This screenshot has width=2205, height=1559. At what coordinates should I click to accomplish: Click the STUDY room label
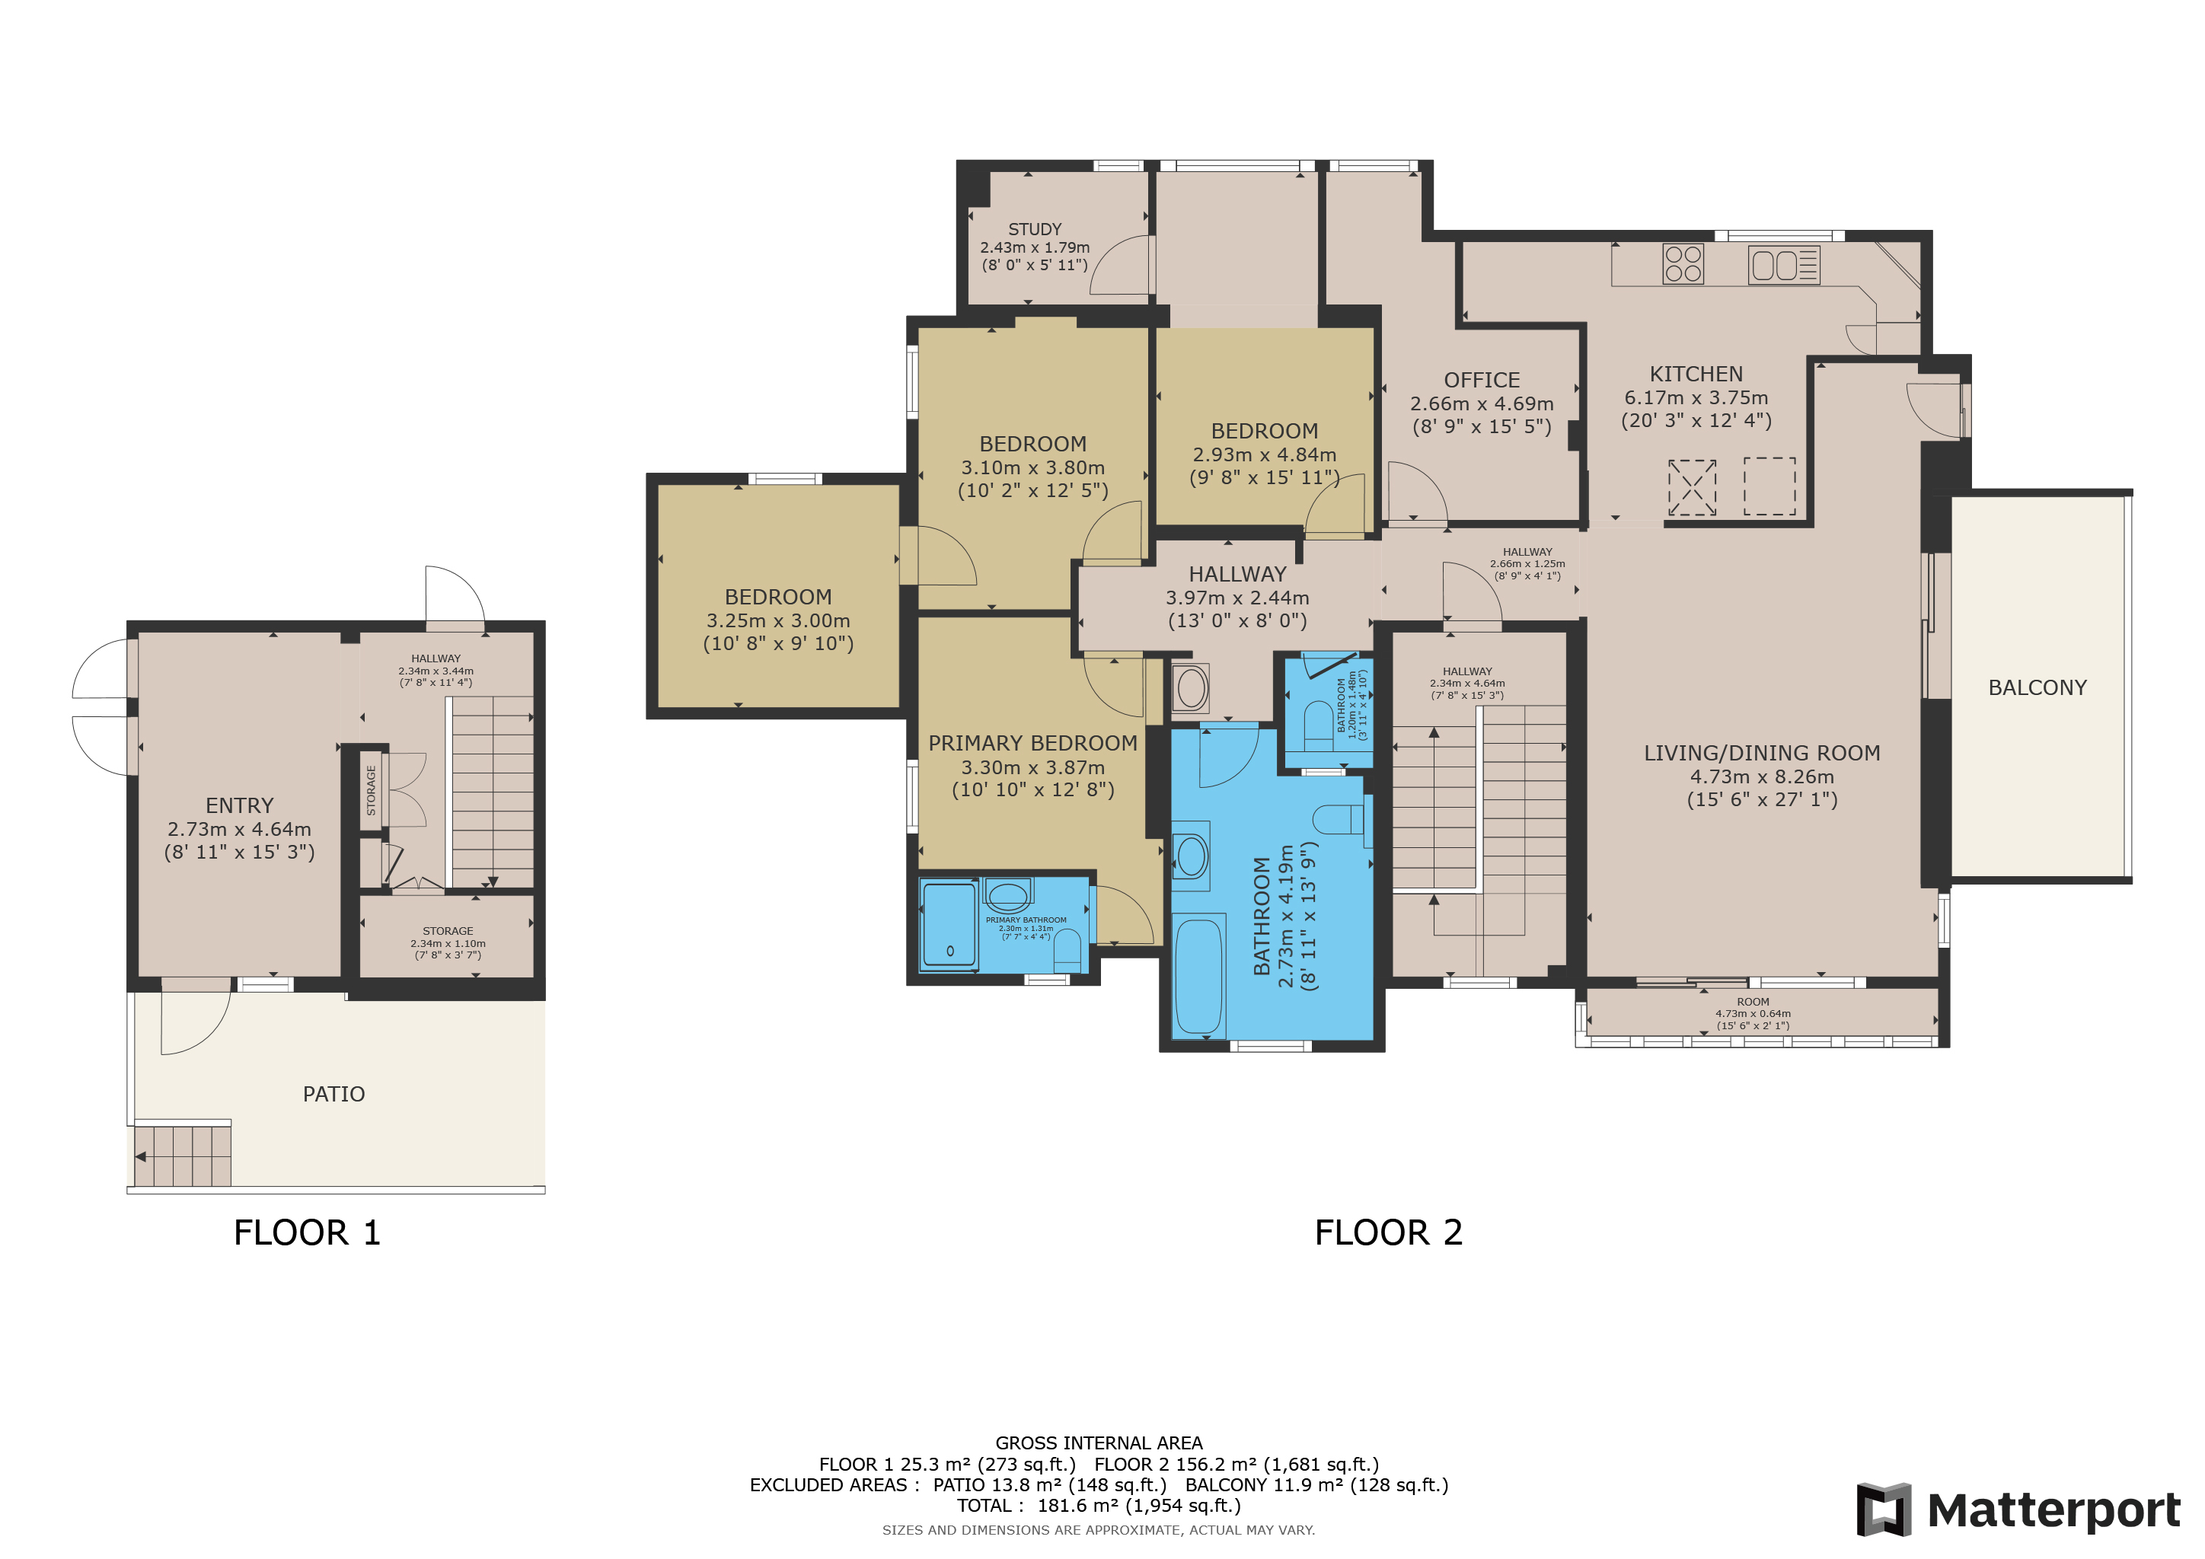1034,229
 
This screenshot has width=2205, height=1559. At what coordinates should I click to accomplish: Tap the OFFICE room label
1482,380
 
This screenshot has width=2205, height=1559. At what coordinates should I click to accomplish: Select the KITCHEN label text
1696,375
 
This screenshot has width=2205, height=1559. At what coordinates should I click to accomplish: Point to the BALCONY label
2037,687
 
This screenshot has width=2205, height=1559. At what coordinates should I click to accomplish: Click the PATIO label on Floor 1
334,1095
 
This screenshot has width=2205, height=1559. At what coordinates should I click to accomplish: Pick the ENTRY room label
239,805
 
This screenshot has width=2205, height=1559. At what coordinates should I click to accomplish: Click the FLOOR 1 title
308,1232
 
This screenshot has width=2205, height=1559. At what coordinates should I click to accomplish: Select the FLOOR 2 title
1389,1232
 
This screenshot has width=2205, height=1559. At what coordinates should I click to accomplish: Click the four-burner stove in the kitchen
1683,264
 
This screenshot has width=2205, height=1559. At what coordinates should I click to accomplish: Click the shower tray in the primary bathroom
949,924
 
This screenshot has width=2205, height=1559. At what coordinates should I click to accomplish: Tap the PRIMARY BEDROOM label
1032,743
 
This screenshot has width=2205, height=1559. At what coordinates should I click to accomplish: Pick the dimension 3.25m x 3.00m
778,620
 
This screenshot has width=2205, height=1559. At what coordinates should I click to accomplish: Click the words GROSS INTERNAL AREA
1099,1443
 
